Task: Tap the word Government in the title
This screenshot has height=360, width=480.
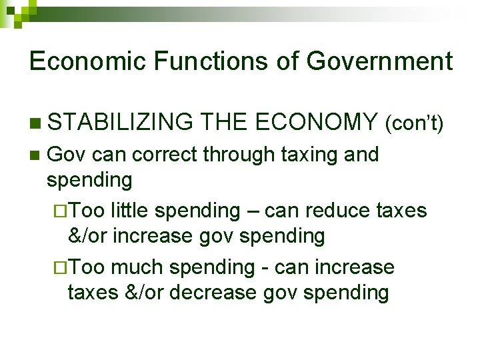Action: [379, 61]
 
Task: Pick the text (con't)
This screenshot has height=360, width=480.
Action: [415, 123]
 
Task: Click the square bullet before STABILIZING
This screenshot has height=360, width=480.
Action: [35, 123]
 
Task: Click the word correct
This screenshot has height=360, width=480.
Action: [167, 155]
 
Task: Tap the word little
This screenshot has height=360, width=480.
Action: [133, 211]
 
